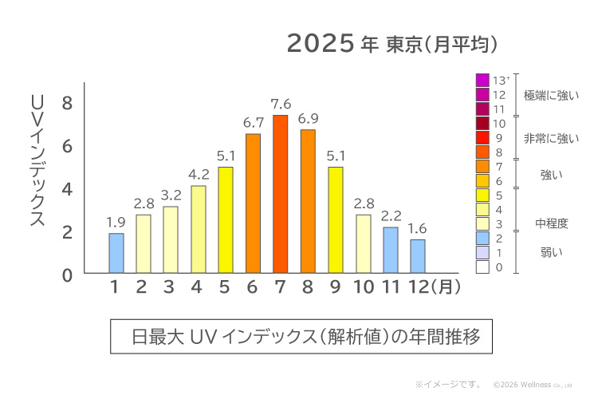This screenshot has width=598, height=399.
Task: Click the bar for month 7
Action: [x=280, y=194]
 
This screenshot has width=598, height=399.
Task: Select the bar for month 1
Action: [x=116, y=253]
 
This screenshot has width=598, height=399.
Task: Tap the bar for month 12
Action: [x=417, y=256]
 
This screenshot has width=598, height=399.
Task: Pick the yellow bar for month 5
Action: [x=226, y=220]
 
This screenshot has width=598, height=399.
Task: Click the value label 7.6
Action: [x=280, y=105]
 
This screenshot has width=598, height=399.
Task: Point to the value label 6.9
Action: [x=308, y=119]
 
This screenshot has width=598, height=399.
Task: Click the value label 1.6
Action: [x=417, y=229]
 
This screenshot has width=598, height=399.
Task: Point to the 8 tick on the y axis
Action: [x=67, y=104]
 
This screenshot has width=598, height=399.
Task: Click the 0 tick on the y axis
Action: [x=67, y=275]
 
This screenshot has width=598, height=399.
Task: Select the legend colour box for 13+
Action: [x=482, y=81]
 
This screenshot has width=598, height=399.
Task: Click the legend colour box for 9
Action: [x=482, y=138]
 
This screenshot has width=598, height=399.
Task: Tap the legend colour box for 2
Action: [x=482, y=239]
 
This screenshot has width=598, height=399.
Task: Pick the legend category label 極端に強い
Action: [x=551, y=96]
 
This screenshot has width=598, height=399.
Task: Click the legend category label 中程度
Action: [x=551, y=224]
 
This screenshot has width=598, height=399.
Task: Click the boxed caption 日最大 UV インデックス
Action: [x=306, y=336]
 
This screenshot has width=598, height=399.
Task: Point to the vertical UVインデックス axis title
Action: [x=37, y=160]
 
